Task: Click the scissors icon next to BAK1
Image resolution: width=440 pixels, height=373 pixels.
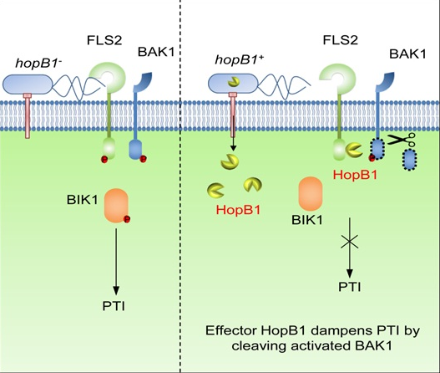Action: [x=402, y=140]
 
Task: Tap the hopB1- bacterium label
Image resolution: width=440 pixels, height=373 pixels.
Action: [x=38, y=63]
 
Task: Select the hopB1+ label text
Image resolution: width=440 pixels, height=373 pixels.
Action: [x=240, y=59]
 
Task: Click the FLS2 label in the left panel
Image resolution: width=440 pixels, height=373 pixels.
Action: [x=104, y=40]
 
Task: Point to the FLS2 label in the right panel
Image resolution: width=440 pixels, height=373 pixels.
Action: [x=341, y=40]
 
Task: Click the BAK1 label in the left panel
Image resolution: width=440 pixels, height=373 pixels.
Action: [x=156, y=52]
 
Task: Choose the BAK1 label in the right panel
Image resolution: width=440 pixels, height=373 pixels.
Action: [x=407, y=54]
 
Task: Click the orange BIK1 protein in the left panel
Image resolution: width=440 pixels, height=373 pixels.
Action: [x=116, y=206]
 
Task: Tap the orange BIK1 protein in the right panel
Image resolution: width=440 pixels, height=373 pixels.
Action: [x=311, y=194]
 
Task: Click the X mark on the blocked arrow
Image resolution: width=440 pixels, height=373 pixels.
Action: [x=349, y=243]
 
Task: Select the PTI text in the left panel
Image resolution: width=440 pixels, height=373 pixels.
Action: [x=114, y=306]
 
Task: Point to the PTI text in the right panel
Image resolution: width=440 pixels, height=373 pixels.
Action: [x=349, y=287]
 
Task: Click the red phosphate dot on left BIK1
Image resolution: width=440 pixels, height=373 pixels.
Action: [x=127, y=219]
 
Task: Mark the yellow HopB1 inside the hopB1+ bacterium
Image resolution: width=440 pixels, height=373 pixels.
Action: [x=234, y=82]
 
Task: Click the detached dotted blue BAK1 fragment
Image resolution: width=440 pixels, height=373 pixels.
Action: [x=409, y=160]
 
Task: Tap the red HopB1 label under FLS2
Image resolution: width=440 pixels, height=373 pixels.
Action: [x=355, y=175]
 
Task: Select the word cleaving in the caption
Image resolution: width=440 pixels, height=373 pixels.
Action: [x=259, y=345]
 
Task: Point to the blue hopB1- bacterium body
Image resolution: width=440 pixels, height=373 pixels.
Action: [x=28, y=84]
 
